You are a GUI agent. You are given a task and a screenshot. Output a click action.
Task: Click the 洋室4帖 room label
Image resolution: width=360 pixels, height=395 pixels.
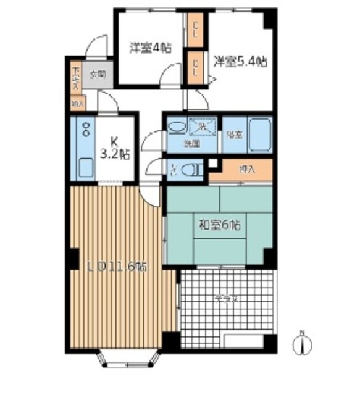[150, 48]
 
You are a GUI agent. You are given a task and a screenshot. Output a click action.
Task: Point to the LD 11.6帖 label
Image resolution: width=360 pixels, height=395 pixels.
[117, 267]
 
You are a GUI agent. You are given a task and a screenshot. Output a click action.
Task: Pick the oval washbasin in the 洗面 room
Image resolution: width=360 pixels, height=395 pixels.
[176, 127]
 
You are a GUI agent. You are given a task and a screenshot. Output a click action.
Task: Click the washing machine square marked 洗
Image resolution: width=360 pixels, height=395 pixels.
[203, 126]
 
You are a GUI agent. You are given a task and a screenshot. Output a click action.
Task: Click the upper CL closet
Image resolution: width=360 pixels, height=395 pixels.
[195, 27]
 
